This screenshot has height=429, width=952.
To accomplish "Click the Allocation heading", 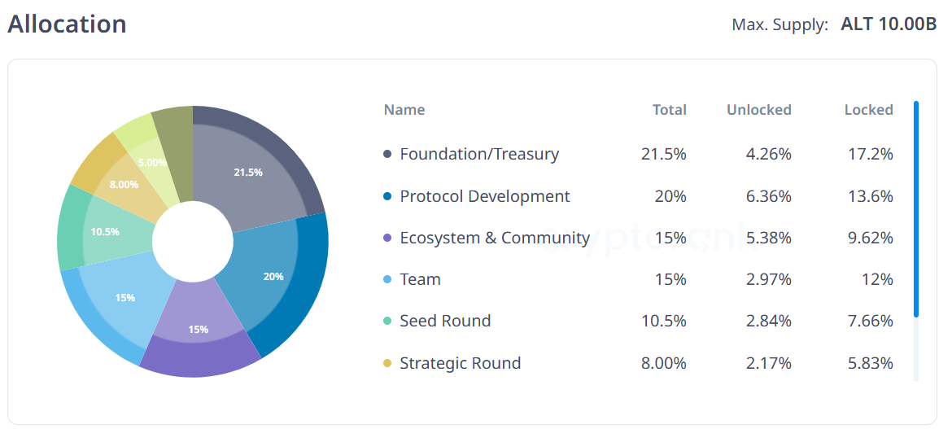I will click(67, 24).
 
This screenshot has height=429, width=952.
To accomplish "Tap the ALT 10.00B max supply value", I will click(889, 24).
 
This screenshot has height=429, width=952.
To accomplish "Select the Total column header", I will click(669, 110).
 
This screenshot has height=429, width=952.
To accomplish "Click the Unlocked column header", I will click(758, 110).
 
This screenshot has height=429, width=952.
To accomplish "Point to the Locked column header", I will click(868, 110).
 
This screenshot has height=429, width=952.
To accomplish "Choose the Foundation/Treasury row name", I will click(479, 154).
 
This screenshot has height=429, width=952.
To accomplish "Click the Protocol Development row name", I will click(485, 196).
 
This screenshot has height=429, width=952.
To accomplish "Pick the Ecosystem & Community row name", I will click(495, 238).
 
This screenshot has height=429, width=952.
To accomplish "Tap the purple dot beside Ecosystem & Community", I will click(387, 239).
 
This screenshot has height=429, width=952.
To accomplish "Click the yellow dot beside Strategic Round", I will click(387, 364).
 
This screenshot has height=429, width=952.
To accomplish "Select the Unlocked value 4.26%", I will click(769, 154).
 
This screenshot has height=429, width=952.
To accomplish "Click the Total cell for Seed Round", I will click(663, 321).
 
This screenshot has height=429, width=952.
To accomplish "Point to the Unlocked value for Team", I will click(769, 279).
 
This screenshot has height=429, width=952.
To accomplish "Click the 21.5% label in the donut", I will click(248, 173).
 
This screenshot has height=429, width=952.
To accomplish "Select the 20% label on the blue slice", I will click(273, 277).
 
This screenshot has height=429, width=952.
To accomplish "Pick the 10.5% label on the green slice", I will click(105, 232).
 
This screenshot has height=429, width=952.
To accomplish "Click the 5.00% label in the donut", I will click(152, 163).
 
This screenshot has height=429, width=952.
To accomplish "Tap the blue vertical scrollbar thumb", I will click(916, 208).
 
